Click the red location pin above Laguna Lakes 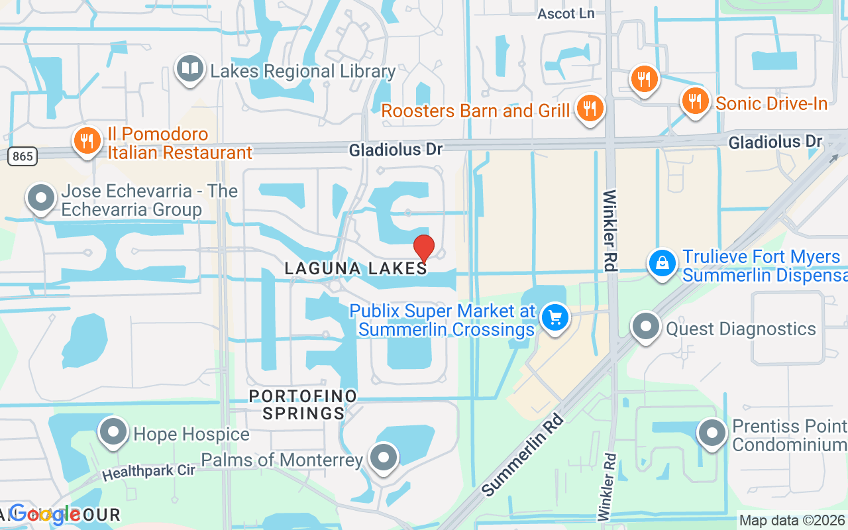pyautogui.click(x=424, y=248)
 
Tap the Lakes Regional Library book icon pyautogui.click(x=190, y=69)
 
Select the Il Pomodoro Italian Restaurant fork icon pyautogui.click(x=86, y=140)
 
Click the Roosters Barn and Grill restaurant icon pyautogui.click(x=588, y=107)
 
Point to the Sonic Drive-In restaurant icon pyautogui.click(x=694, y=101)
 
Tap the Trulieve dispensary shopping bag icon pyautogui.click(x=662, y=263)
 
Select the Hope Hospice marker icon pyautogui.click(x=113, y=432)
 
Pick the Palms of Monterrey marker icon pyautogui.click(x=383, y=457)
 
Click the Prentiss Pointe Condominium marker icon pyautogui.click(x=713, y=433)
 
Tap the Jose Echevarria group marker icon pyautogui.click(x=42, y=197)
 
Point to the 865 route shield pyautogui.click(x=23, y=156)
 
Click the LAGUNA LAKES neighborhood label pyautogui.click(x=356, y=268)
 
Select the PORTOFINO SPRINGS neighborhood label pyautogui.click(x=303, y=404)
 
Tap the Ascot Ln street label pyautogui.click(x=566, y=13)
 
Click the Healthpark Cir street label pyautogui.click(x=148, y=472)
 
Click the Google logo pyautogui.click(x=44, y=513)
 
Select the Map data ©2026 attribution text pyautogui.click(x=792, y=521)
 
